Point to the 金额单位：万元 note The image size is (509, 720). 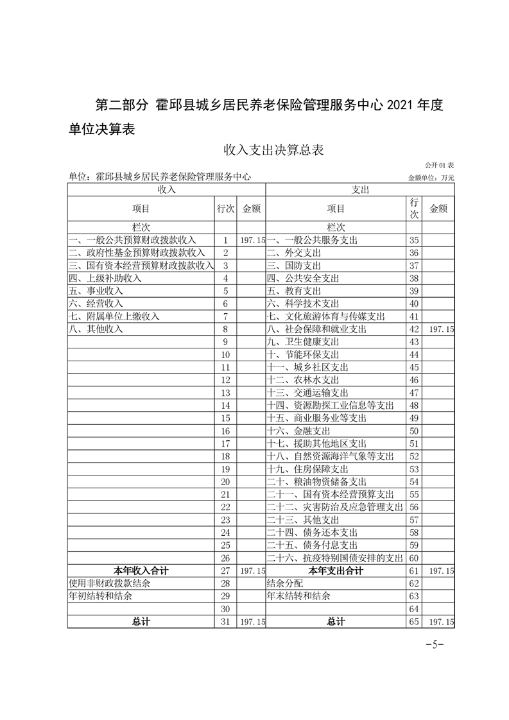click(x=431, y=178)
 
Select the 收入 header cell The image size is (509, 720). click(x=166, y=190)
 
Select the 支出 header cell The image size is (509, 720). click(x=360, y=190)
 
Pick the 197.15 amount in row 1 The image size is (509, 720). click(x=251, y=240)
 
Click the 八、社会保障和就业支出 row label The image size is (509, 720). click(x=316, y=329)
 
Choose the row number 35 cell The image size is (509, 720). click(x=413, y=240)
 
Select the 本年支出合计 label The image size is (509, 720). click(x=336, y=570)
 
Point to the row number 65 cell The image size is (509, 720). click(x=413, y=622)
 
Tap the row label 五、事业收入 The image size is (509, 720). click(x=96, y=291)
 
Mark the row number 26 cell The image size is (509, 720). click(x=225, y=558)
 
